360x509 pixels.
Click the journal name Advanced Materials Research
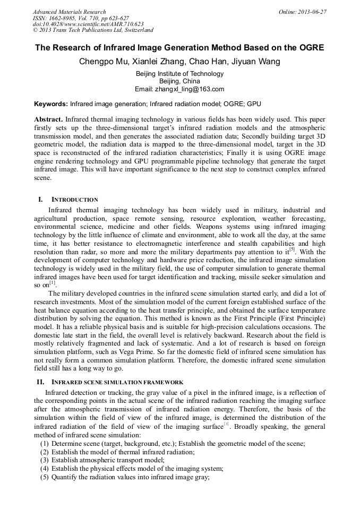(x=69, y=12)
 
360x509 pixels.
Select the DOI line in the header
(x=88, y=24)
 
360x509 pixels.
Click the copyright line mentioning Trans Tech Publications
(x=93, y=30)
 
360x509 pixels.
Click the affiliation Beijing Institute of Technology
(x=180, y=74)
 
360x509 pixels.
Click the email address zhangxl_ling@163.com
(x=189, y=89)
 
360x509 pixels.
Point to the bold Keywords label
(x=51, y=104)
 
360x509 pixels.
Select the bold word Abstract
(x=48, y=119)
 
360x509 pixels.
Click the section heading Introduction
(x=74, y=200)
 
